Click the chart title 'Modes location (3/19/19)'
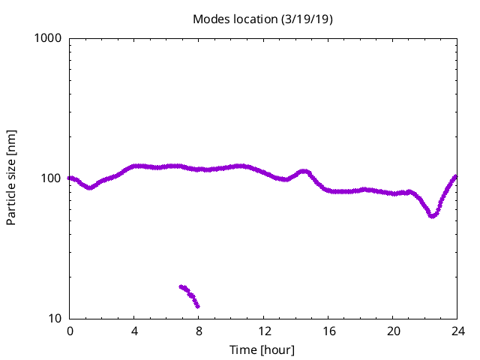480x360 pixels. coord(262,19)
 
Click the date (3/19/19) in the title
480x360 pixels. coord(306,19)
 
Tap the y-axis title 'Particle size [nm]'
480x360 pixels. coord(11,178)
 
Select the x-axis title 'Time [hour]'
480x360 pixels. coord(262,349)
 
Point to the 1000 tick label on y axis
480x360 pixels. coord(49,38)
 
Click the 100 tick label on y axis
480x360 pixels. coord(52,178)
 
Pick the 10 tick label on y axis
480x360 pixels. coord(56,319)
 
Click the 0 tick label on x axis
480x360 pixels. coord(70,331)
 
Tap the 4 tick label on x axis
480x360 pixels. coord(134,331)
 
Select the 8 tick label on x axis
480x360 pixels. coord(199,331)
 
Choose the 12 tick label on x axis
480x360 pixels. coord(263,331)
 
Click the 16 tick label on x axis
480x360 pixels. coord(328,331)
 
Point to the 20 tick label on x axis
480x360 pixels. coord(393,331)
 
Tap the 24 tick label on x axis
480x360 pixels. coord(457,331)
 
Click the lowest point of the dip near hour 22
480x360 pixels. coord(431,216)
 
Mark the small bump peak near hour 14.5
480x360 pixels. coord(304,171)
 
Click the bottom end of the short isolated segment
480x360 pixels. coord(197,306)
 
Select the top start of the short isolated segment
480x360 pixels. coord(181,286)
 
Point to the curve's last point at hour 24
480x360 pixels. coord(455,177)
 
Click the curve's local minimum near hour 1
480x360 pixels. coord(90,187)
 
